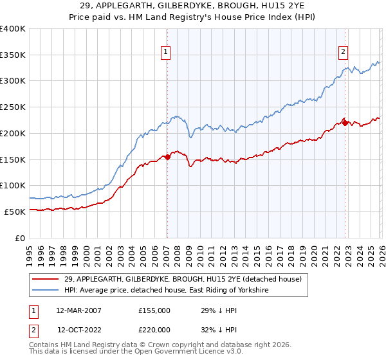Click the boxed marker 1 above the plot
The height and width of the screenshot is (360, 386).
166,52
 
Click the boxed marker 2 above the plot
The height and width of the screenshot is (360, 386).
344,52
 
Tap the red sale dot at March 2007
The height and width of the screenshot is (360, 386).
167,156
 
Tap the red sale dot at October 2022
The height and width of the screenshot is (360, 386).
345,122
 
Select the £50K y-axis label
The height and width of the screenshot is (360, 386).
15,212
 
